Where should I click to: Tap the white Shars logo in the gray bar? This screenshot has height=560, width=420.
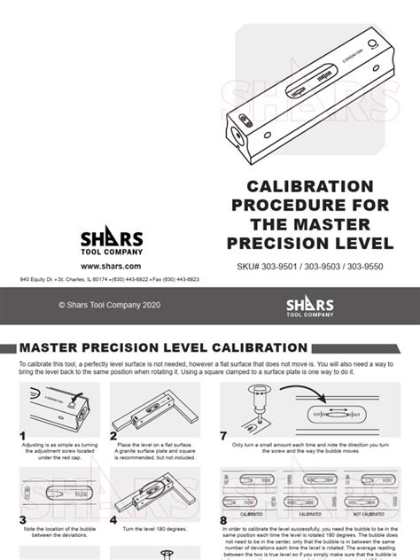309,306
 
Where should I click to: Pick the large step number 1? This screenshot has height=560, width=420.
22,436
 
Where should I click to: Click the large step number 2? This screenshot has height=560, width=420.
113,436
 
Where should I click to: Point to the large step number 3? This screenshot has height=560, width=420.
22,520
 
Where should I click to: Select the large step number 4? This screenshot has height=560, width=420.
113,520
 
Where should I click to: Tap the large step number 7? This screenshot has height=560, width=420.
223,436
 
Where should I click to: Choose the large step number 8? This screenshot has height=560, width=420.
223,521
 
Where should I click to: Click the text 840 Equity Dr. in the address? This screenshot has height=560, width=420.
37,279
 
